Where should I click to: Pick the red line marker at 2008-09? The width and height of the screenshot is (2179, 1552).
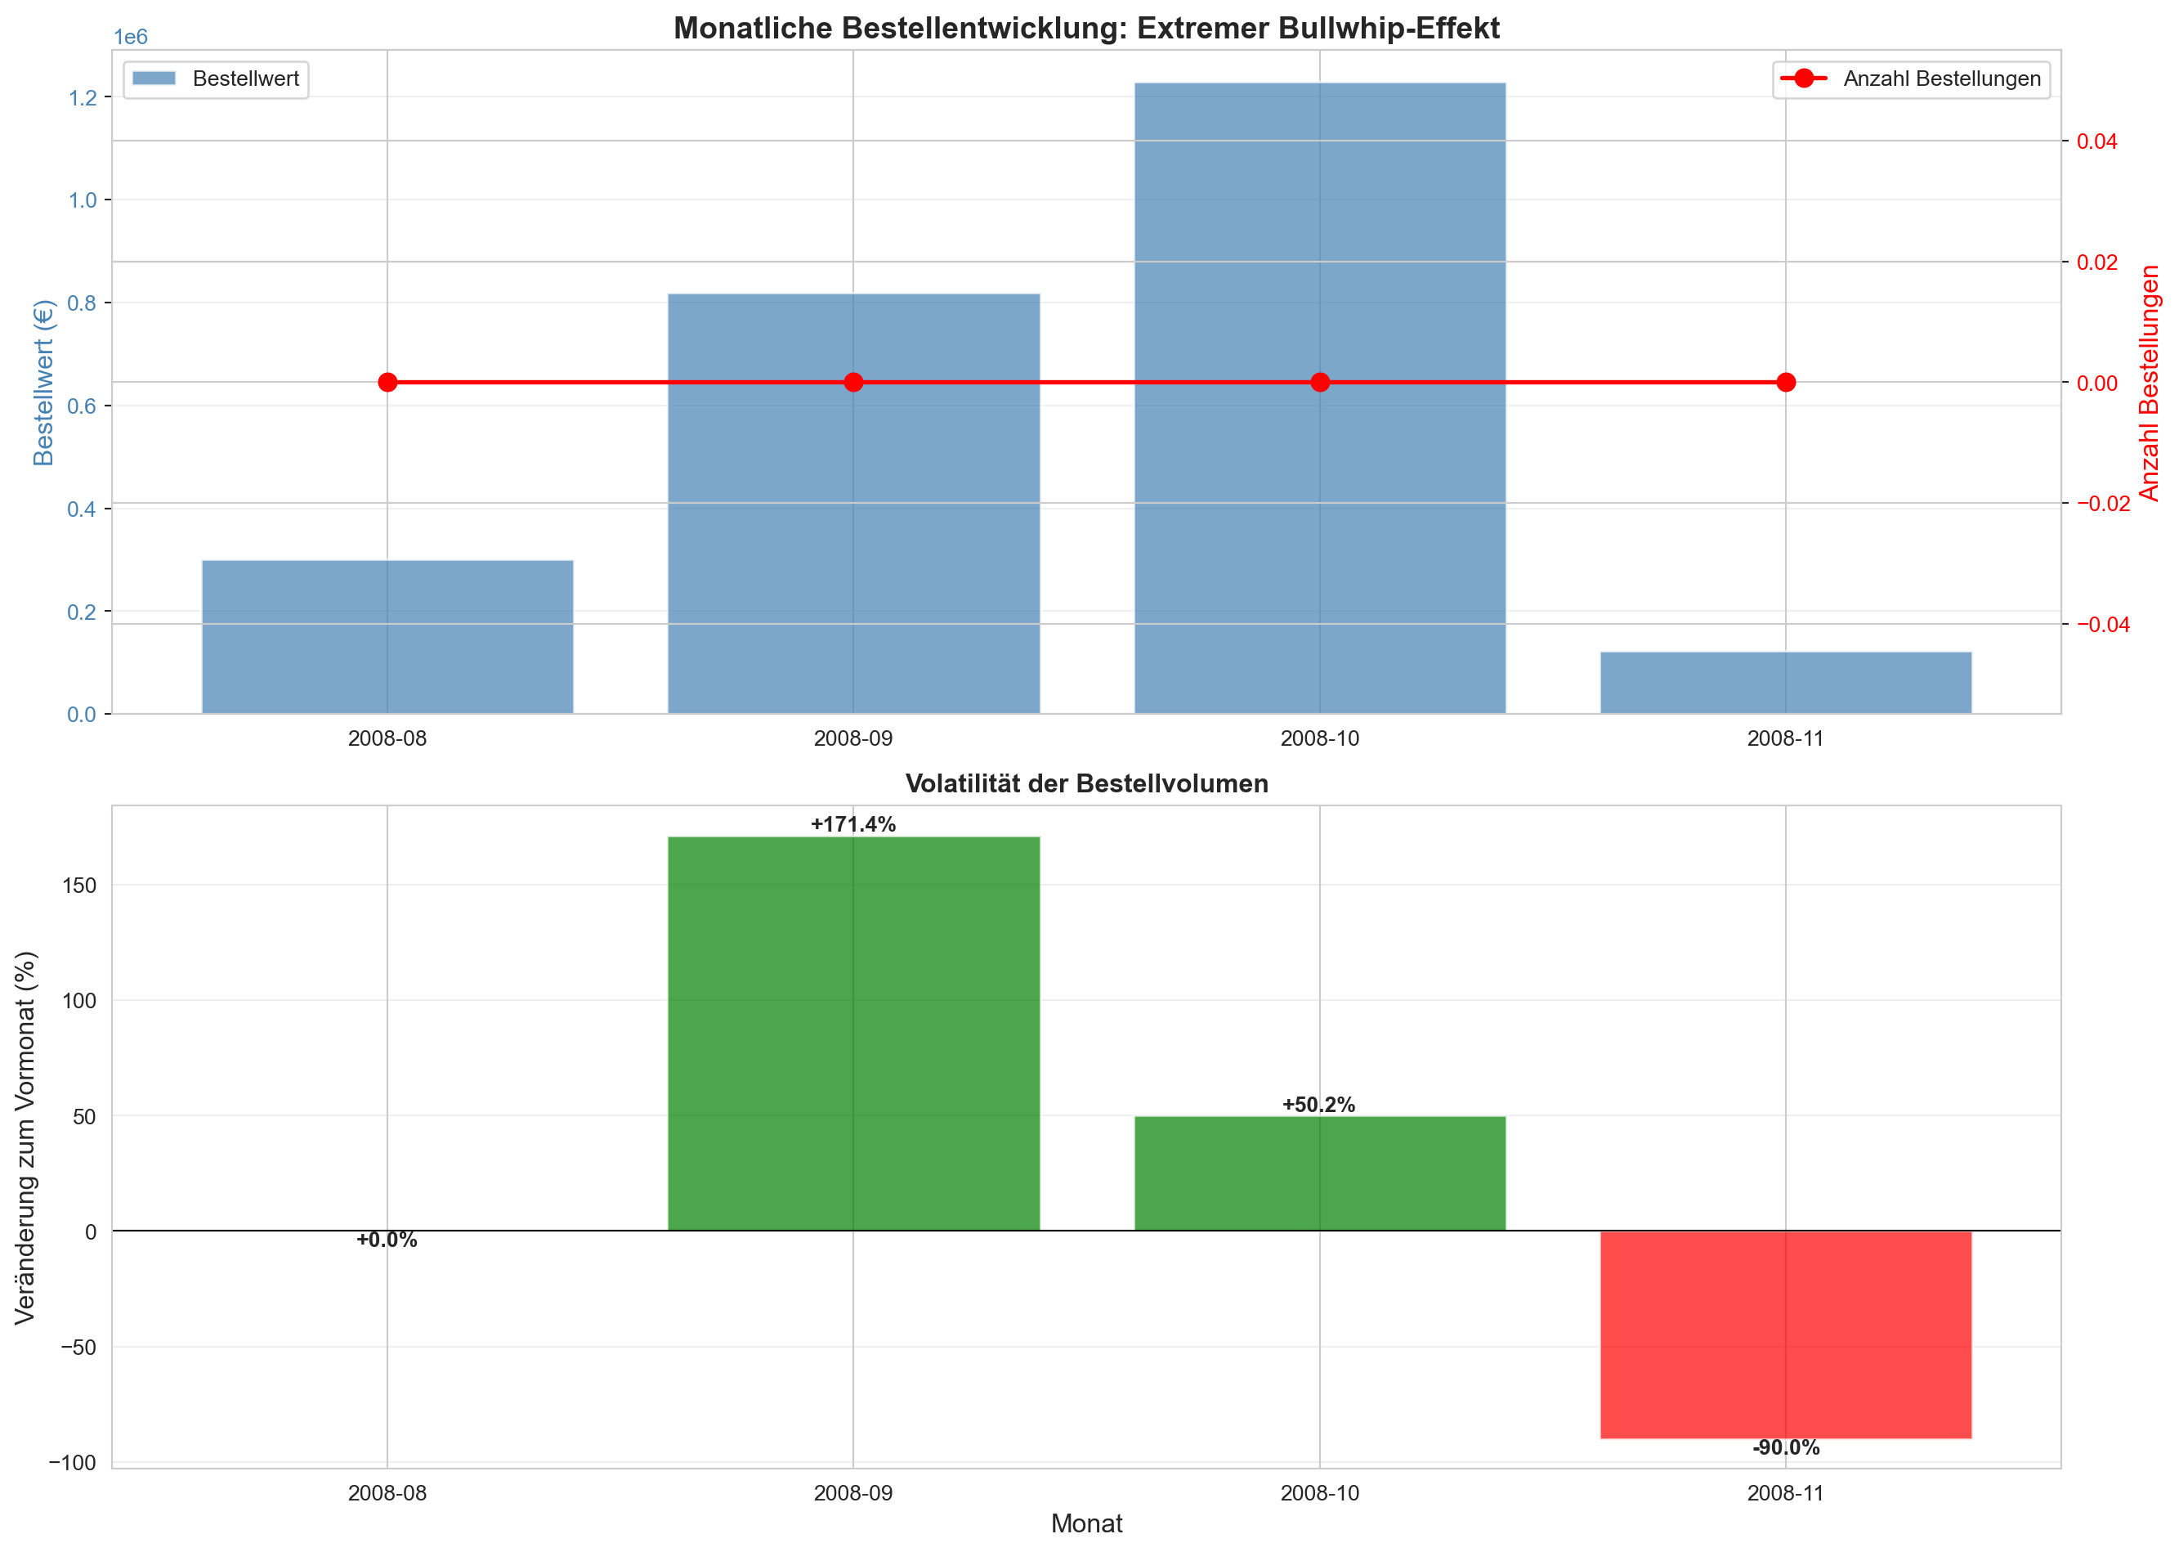(853, 382)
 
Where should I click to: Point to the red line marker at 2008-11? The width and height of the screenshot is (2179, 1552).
(1785, 382)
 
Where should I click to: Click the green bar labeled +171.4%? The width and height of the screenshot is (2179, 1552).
(853, 1032)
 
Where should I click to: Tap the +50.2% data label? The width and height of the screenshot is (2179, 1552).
(1318, 1105)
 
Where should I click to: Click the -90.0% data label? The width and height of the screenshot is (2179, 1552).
(1784, 1448)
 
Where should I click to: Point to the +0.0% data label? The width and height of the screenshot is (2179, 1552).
(387, 1240)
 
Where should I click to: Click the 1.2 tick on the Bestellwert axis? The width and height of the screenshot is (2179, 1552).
(83, 97)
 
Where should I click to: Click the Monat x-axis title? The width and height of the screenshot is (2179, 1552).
(1086, 1523)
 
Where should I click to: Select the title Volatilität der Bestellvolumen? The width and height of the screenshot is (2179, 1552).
(1086, 783)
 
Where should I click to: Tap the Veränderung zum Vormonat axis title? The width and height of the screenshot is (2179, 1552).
(26, 1137)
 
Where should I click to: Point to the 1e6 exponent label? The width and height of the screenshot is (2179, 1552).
(131, 38)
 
